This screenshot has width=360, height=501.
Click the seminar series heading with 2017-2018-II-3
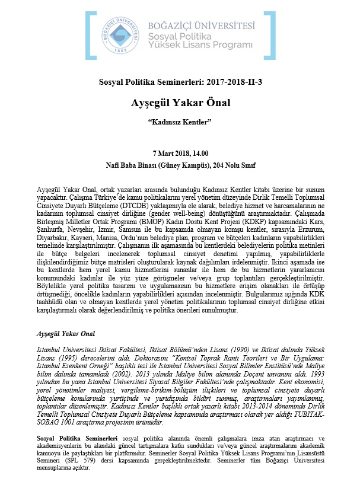point(180,82)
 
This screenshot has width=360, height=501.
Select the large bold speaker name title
point(180,103)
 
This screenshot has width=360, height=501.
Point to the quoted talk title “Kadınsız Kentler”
point(180,123)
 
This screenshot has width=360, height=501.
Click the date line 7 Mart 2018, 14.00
point(180,154)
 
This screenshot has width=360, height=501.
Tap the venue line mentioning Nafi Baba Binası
point(180,166)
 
